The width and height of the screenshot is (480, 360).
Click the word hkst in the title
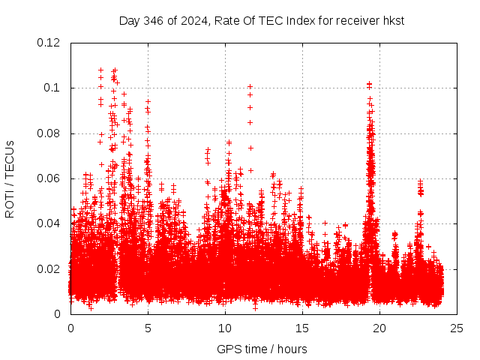(394, 21)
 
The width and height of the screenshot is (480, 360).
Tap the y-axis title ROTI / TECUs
(10, 178)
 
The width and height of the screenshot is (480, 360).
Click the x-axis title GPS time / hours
(262, 349)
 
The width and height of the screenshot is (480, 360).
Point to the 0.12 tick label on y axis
(49, 43)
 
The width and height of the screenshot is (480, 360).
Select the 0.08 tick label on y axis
(49, 133)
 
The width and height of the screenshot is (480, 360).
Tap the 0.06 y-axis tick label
(49, 178)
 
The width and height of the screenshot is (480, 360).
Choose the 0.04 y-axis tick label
(49, 223)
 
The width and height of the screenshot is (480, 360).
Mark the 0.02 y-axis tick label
(49, 269)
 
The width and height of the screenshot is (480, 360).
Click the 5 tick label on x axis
(148, 328)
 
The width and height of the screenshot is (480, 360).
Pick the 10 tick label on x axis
(225, 328)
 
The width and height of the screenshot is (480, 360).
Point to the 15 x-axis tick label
(302, 328)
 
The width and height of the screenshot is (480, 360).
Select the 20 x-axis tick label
(379, 328)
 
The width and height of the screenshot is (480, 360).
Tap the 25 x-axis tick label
(457, 328)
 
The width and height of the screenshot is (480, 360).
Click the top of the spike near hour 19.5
(369, 84)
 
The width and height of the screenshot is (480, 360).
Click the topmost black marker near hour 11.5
(250, 86)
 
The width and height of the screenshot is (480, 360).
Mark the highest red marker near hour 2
(100, 70)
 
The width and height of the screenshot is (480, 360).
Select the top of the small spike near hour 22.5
(420, 181)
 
